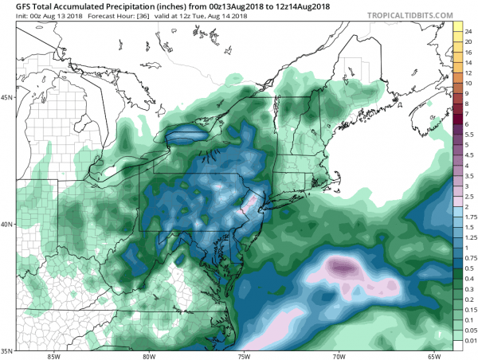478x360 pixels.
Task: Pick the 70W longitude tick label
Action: click(339, 355)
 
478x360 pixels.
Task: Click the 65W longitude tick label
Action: click(433, 355)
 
